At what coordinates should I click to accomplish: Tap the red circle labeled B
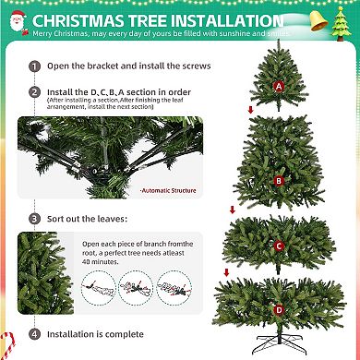(x=279, y=181)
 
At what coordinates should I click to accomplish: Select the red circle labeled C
(x=279, y=246)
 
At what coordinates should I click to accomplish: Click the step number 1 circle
(x=34, y=66)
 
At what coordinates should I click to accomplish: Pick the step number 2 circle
(x=34, y=93)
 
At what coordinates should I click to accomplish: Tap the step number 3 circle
(x=34, y=219)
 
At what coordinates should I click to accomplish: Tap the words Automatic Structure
(x=162, y=191)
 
